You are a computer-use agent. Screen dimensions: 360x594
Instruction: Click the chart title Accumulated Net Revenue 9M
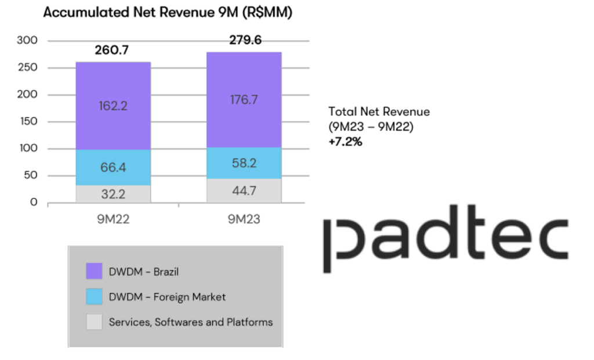tap(168, 13)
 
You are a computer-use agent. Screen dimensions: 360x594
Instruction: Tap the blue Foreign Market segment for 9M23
tap(244, 163)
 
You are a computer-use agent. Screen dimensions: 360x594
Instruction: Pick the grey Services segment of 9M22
tap(114, 194)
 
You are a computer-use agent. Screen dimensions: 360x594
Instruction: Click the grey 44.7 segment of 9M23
tap(244, 190)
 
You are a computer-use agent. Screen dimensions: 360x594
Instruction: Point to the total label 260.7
tap(112, 51)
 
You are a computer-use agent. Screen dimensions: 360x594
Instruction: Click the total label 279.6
tap(243, 40)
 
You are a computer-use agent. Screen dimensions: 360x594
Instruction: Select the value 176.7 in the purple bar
tap(244, 100)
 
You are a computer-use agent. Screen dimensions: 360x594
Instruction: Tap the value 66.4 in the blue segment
tap(114, 168)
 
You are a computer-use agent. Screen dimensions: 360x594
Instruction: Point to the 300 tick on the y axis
tap(27, 41)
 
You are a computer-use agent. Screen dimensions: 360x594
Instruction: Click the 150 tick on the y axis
tap(27, 122)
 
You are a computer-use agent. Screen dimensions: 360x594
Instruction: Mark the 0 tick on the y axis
tap(34, 202)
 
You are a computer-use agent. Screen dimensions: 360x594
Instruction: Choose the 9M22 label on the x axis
tap(113, 220)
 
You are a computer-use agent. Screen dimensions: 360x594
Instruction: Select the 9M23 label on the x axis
tap(244, 220)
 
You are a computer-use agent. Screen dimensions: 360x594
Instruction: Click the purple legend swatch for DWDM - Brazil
tap(94, 271)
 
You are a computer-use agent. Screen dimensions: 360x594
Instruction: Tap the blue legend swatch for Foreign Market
tap(94, 297)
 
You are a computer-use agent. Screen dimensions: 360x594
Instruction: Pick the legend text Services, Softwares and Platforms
tap(191, 322)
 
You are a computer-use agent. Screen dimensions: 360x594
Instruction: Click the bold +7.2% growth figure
tap(345, 141)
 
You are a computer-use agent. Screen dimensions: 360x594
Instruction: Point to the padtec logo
tap(445, 238)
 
